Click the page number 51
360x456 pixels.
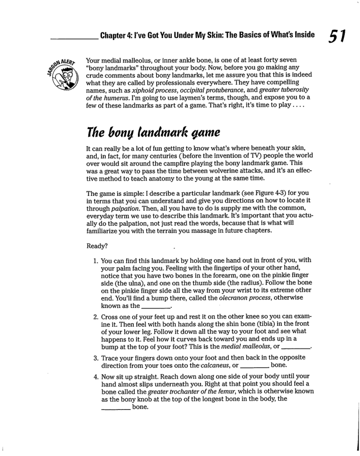click(337, 36)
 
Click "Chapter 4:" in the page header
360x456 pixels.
click(119, 36)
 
